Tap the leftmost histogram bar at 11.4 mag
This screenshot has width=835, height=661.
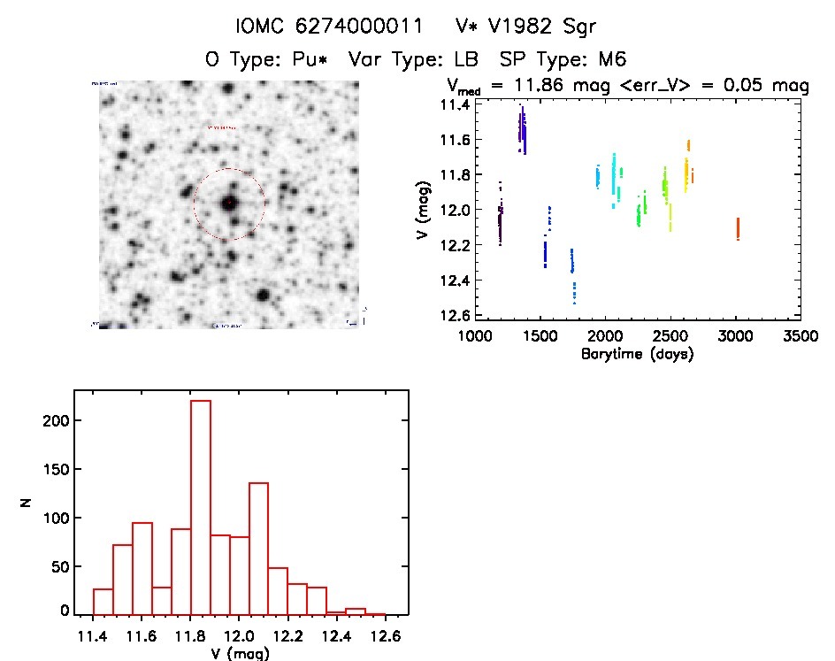coord(103,601)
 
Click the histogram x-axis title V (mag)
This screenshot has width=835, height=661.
coord(240,654)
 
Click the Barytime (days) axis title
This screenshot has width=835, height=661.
coord(637,354)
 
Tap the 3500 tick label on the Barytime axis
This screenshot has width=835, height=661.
coord(800,336)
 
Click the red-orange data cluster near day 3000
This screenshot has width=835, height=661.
coord(738,228)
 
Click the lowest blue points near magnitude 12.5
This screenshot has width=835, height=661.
coord(574,291)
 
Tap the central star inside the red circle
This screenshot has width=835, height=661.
coord(229,203)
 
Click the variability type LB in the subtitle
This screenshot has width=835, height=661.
coord(464,59)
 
